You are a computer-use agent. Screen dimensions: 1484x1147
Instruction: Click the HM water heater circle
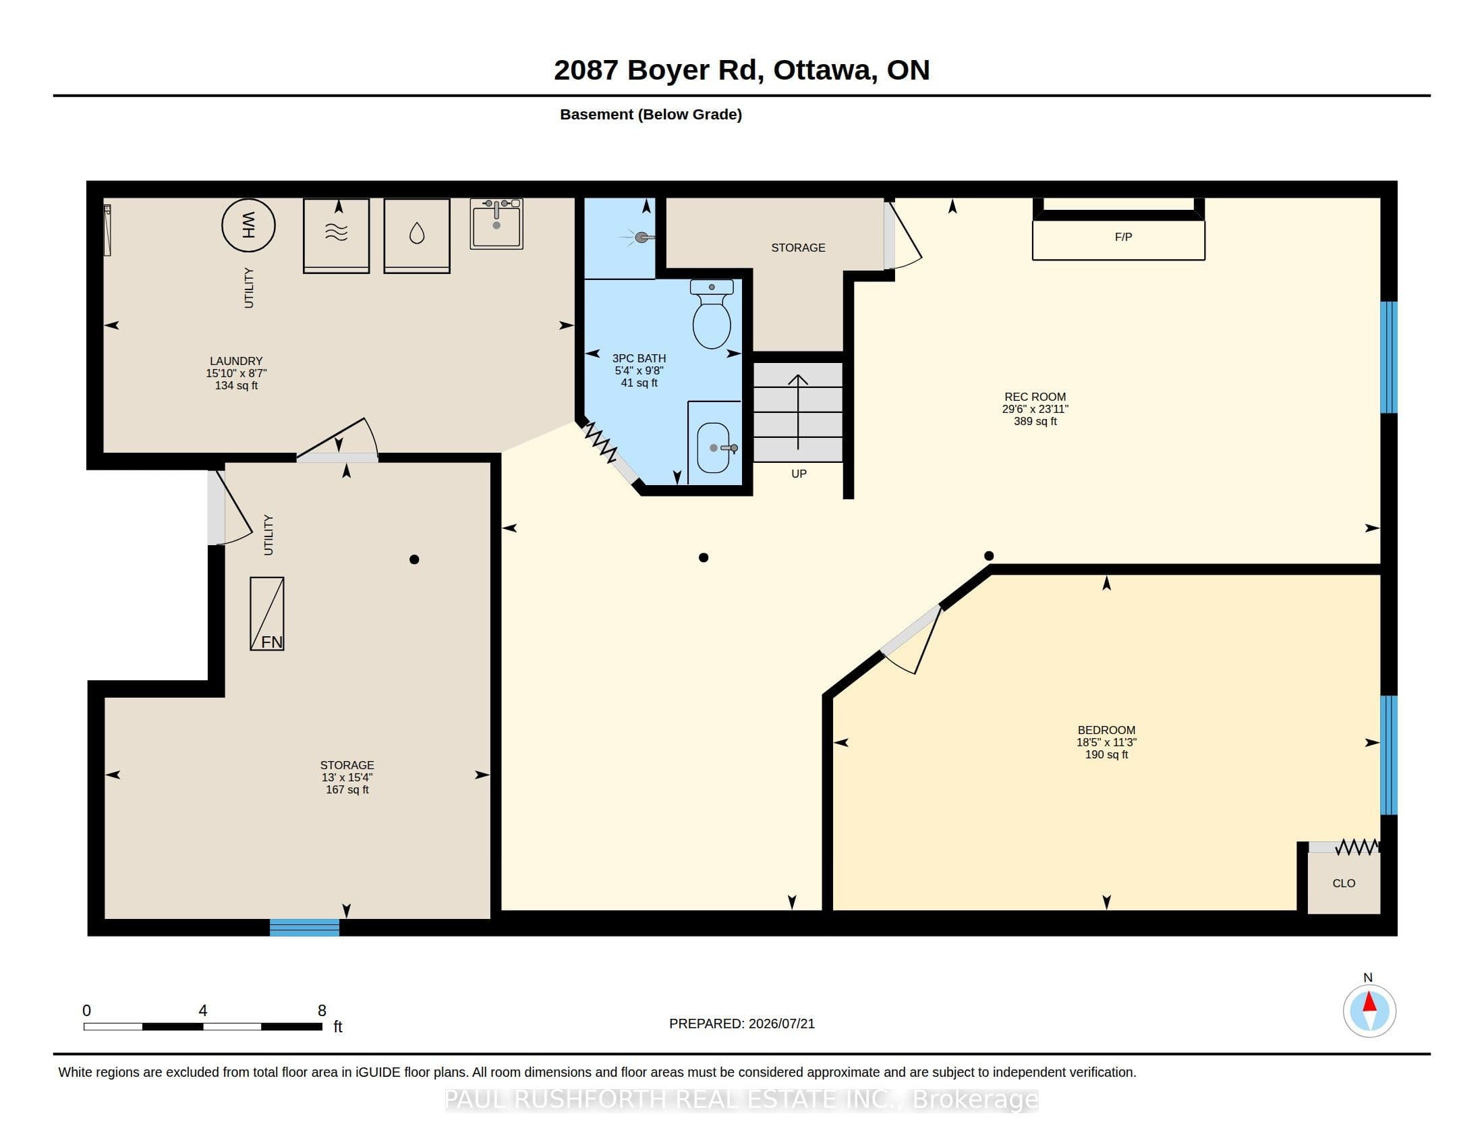[x=248, y=225]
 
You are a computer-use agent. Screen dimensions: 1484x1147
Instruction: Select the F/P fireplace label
[x=1123, y=237]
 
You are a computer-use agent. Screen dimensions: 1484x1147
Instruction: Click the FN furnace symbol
[x=267, y=613]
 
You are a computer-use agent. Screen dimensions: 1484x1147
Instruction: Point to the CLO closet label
[x=1343, y=883]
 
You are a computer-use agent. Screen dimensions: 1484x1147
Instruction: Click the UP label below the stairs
[x=799, y=474]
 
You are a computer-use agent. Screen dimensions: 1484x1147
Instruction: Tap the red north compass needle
[x=1369, y=1002]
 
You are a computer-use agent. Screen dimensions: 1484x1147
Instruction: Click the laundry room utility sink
[x=496, y=223]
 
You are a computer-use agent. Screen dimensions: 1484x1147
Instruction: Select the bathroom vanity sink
[x=714, y=448]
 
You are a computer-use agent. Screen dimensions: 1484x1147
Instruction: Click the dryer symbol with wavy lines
[x=337, y=235]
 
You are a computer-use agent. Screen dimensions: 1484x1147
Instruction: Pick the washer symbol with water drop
[x=416, y=235]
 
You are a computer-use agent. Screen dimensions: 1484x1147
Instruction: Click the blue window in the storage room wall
[x=304, y=928]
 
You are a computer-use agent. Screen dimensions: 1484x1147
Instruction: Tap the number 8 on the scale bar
[x=322, y=1011]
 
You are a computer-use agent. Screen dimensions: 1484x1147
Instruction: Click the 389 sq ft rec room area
[x=1035, y=421]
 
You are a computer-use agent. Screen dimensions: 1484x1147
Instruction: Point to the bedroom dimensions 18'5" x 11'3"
[x=1106, y=743]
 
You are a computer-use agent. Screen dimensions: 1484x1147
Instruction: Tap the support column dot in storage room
[x=414, y=559]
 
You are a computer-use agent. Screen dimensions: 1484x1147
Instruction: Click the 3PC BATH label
[x=639, y=358]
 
